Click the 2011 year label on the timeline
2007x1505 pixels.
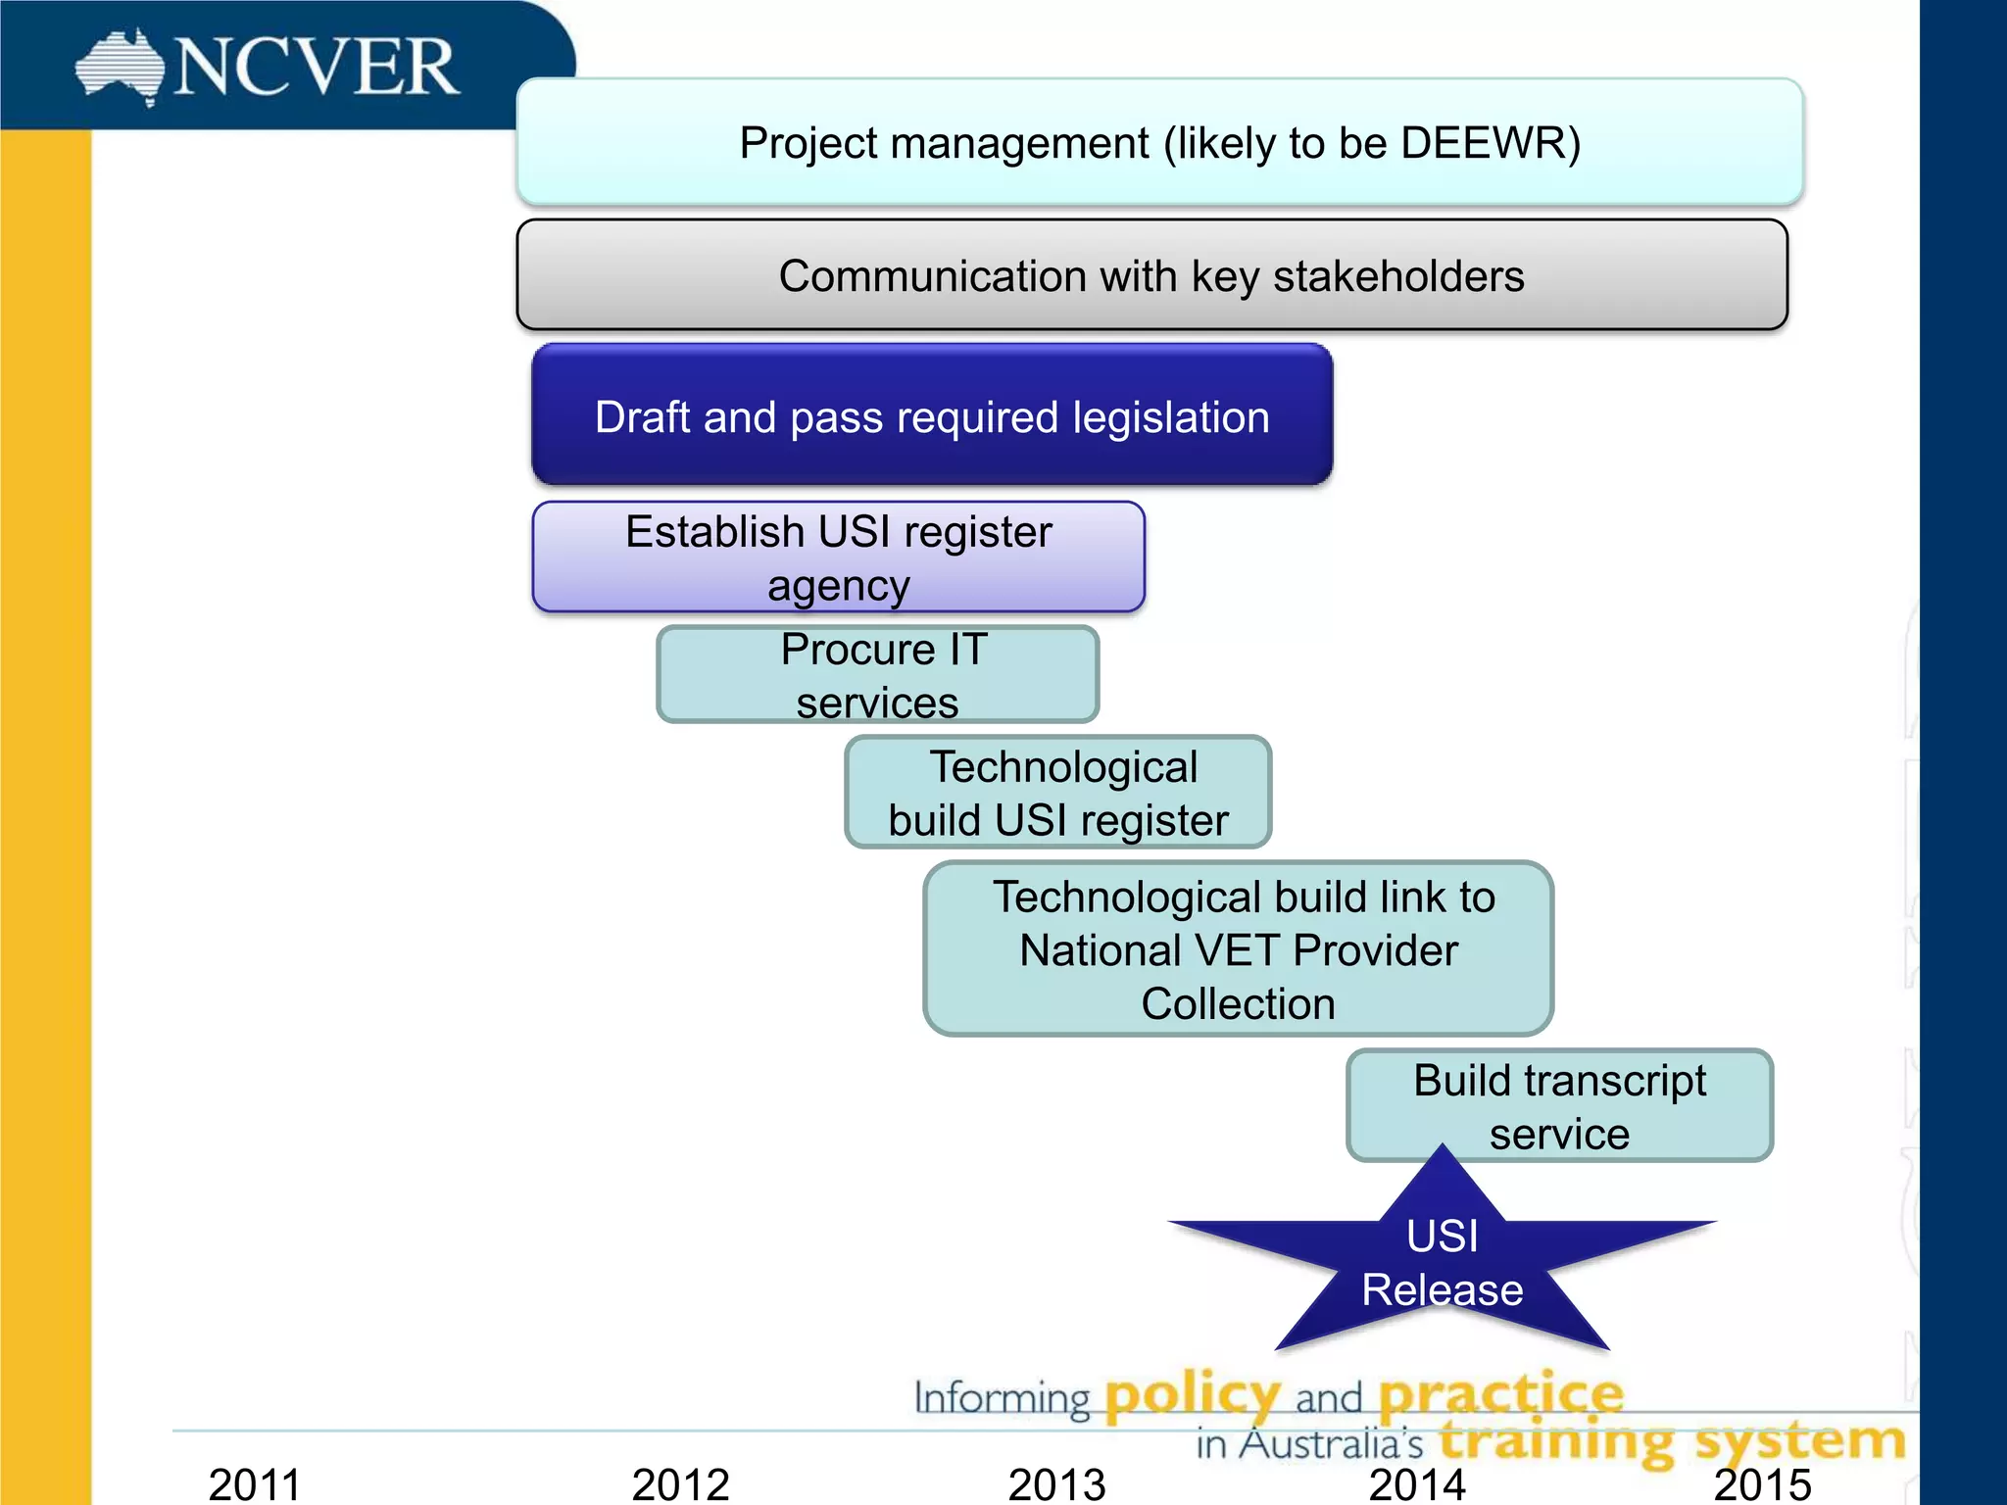coord(254,1483)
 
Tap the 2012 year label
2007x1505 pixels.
coord(680,1483)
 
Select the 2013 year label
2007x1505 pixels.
coord(1056,1483)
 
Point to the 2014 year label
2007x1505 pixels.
coord(1417,1483)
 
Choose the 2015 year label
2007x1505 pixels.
coord(1762,1483)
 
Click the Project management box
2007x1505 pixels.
coord(1159,142)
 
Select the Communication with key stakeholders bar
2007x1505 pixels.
coord(1151,275)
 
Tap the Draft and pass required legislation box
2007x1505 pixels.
coord(932,415)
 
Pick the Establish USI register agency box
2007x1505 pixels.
coord(839,558)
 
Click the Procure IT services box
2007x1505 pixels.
coord(878,675)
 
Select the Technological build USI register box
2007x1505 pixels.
coord(1058,793)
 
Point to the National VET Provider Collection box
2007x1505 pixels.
coord(1239,949)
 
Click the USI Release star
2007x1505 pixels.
coord(1442,1264)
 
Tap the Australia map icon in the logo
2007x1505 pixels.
coord(120,67)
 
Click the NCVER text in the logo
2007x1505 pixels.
coord(316,68)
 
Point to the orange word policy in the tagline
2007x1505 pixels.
coord(1193,1394)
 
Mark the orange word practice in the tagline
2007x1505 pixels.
coord(1501,1394)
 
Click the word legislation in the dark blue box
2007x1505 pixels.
coord(1171,417)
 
